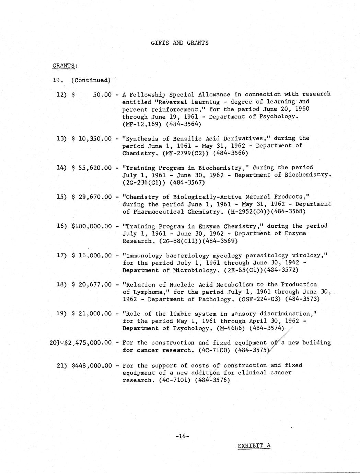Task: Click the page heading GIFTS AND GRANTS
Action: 179,43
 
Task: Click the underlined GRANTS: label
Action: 65,66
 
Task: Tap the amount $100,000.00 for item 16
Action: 92,226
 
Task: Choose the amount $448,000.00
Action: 92,365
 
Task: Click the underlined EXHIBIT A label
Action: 254,446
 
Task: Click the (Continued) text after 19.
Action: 91,80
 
